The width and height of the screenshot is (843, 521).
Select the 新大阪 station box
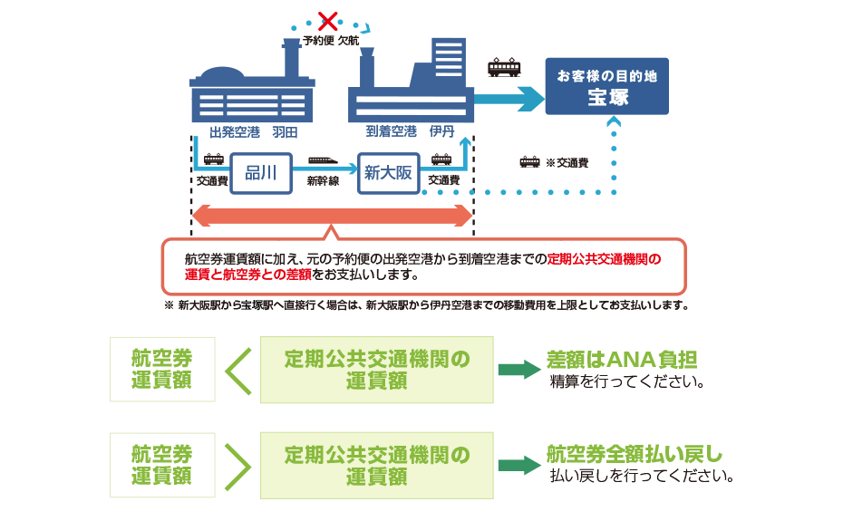[389, 173]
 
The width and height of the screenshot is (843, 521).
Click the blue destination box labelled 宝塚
[606, 87]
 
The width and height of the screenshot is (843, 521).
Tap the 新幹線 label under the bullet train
[323, 181]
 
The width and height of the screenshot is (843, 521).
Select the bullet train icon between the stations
[323, 161]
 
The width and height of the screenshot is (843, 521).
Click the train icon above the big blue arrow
[505, 68]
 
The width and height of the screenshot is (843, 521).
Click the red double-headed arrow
[332, 216]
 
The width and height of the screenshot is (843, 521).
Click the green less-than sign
[237, 370]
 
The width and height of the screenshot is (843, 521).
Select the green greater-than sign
[237, 466]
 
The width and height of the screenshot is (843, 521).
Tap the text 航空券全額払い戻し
[634, 454]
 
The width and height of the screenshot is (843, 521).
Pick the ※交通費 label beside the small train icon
[567, 163]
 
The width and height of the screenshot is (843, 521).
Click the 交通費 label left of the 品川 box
[211, 181]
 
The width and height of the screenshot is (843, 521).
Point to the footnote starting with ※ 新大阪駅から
[426, 305]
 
